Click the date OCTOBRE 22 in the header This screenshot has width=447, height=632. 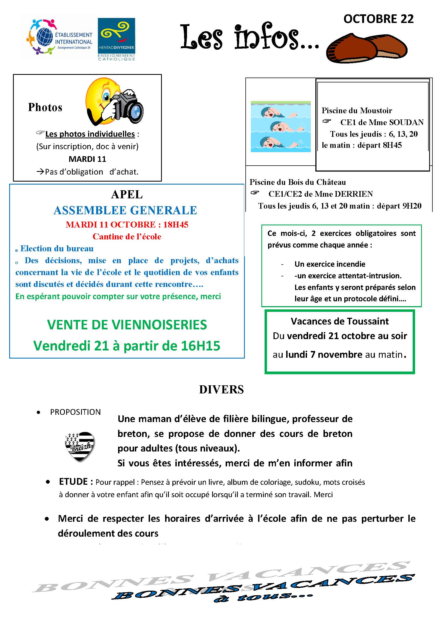coord(378,19)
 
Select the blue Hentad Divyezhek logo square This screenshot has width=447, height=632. coord(117,35)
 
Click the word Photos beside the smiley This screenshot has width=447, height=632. coord(45,107)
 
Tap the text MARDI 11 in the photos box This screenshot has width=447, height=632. coord(87,159)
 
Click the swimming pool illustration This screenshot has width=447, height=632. coord(281,127)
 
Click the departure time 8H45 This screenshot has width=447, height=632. coord(391,145)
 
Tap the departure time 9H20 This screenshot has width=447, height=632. coord(412,206)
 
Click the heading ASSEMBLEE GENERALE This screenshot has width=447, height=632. coord(125,210)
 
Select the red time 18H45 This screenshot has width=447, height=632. coord(176,225)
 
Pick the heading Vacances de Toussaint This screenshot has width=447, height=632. coord(340,321)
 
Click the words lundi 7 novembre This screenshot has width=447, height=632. coord(324,355)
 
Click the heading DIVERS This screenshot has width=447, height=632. coord(221,390)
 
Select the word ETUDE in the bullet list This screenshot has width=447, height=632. coord(73,481)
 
